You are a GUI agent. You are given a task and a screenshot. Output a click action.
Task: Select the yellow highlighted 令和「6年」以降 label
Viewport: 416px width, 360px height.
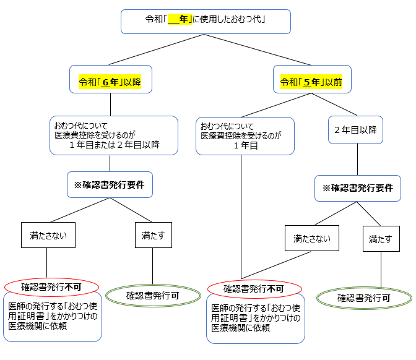click(x=110, y=82)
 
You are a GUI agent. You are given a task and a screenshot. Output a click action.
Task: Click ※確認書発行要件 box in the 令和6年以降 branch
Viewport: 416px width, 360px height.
click(x=110, y=184)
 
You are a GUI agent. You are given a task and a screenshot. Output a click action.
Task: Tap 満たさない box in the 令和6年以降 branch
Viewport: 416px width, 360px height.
click(x=48, y=235)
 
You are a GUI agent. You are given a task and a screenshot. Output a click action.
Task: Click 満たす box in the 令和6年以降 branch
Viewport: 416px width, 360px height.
click(x=152, y=235)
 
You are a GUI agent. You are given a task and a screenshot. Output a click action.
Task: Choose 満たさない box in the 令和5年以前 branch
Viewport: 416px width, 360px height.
click(x=312, y=238)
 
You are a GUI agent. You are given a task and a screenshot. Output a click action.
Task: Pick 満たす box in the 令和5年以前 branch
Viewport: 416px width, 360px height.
click(x=381, y=238)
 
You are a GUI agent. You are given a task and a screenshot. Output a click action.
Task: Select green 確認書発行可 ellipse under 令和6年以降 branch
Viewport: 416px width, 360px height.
click(x=152, y=295)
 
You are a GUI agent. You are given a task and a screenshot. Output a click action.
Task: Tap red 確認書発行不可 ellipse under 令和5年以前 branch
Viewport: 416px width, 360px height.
click(x=254, y=289)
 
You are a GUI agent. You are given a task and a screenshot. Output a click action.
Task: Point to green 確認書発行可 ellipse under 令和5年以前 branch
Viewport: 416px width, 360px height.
click(x=363, y=298)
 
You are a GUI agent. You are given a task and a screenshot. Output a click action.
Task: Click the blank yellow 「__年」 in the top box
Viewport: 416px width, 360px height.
click(x=179, y=20)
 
